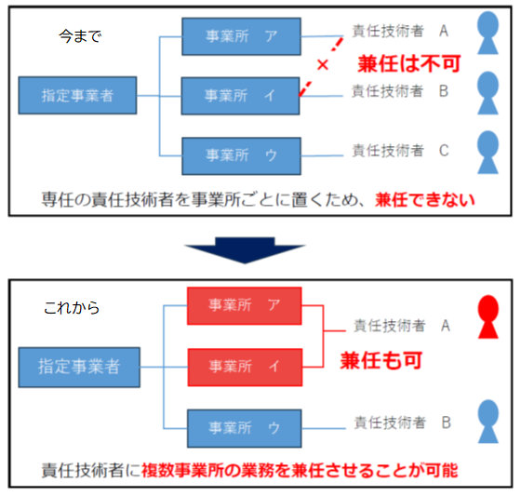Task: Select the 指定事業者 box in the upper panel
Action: click(x=78, y=95)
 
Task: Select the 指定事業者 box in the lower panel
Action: click(x=78, y=367)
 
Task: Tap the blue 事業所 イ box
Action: click(x=241, y=95)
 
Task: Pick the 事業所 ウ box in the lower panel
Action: click(x=245, y=426)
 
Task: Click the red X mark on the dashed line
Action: click(x=322, y=66)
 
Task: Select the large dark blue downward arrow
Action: click(x=245, y=249)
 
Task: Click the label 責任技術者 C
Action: click(x=399, y=150)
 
